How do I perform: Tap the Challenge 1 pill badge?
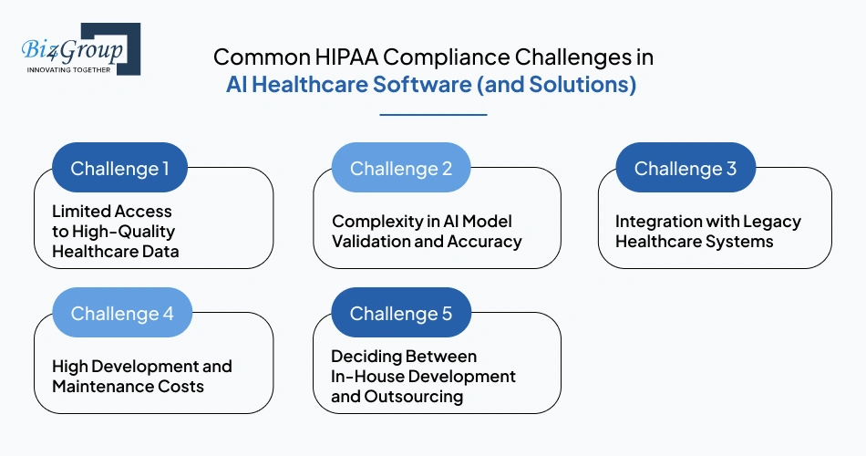coord(120,169)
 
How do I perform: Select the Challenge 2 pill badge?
coord(401,169)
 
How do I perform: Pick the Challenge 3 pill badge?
coord(686,169)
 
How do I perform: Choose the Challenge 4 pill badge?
coord(122,314)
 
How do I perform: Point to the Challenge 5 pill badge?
coord(401,314)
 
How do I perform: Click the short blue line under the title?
coord(433,115)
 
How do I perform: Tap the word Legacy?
coord(771,222)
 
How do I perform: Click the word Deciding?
coord(365,357)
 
